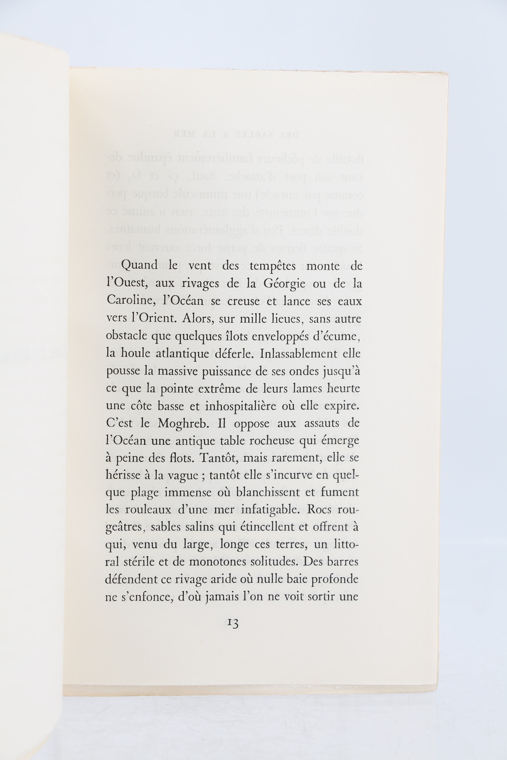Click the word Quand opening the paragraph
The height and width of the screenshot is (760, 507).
pos(139,266)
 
